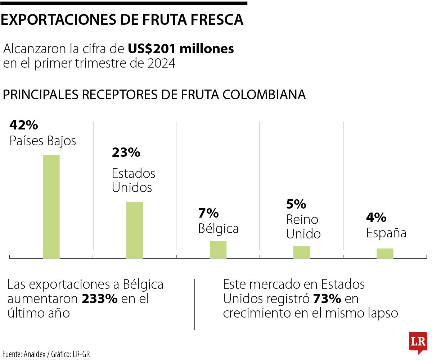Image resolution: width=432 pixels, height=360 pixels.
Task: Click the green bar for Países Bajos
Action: pos(51,206)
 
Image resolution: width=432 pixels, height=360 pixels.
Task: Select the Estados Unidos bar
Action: pos(135,230)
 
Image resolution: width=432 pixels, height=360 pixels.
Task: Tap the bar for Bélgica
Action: pos(218,250)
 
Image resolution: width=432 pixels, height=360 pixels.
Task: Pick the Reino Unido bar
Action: pos(301,252)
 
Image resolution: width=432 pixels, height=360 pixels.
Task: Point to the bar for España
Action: pos(385,253)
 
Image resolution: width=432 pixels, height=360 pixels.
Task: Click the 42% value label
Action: pos(24,125)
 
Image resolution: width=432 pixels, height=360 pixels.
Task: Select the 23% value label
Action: pos(126,153)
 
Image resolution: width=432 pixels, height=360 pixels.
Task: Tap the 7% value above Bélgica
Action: pos(208,213)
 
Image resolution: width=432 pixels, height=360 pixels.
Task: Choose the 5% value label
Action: pos(296,204)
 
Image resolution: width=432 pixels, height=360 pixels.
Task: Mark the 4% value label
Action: pos(376,217)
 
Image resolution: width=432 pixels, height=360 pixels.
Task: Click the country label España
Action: pos(386,233)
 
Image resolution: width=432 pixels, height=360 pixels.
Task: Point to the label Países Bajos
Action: pos(43,141)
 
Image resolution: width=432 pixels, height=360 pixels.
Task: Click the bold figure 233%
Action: pos(100,299)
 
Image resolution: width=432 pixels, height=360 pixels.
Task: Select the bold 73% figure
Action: pos(327,299)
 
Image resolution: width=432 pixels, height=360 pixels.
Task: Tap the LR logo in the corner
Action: pos(418,342)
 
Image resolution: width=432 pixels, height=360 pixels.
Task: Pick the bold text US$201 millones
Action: pos(181,49)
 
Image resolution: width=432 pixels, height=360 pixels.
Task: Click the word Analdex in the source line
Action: pos(37,354)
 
